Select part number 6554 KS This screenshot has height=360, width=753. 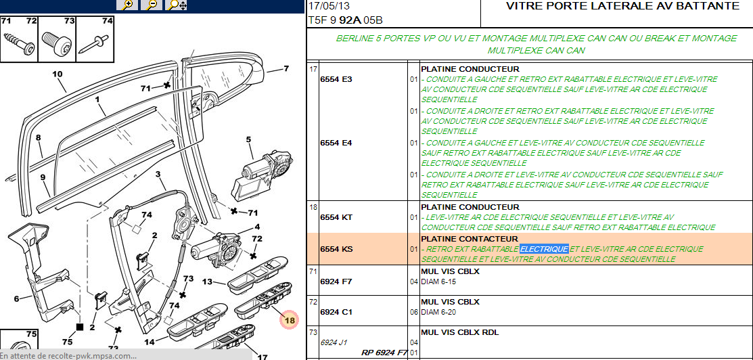[x=336, y=249]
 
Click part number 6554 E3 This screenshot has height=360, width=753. [x=336, y=79]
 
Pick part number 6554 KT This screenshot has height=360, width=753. [x=336, y=217]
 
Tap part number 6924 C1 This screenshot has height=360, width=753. [x=336, y=312]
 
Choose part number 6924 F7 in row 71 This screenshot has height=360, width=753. [x=336, y=281]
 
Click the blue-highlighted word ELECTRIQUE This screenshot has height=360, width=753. [x=544, y=249]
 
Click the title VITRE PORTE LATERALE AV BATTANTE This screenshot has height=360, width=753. [x=622, y=6]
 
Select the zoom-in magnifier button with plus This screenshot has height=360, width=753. [x=127, y=5]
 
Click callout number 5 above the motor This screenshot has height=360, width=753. [x=248, y=140]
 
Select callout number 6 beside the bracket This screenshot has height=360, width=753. [x=16, y=298]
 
